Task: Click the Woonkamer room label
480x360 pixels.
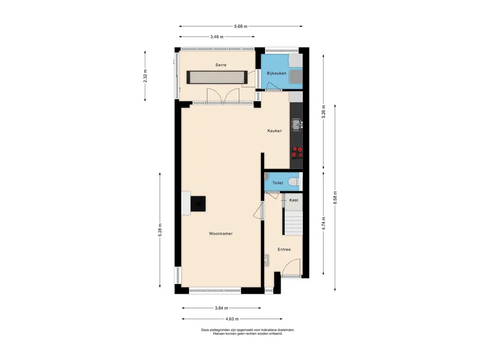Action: [221, 233]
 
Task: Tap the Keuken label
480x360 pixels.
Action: [275, 131]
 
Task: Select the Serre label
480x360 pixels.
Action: [221, 65]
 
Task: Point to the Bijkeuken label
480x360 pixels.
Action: [277, 73]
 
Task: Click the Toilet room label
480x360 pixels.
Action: [277, 183]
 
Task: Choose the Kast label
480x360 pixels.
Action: [293, 200]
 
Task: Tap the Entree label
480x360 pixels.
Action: [284, 249]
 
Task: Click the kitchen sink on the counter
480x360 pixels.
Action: [297, 125]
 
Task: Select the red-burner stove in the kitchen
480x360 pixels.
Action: [297, 152]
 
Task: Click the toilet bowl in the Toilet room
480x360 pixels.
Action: [293, 182]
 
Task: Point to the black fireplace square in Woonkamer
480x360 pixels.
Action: [198, 203]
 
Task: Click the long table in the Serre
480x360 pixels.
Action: [217, 77]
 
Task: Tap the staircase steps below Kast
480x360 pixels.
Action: [293, 223]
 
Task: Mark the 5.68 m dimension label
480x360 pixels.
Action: [240, 26]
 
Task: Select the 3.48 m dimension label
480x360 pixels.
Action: [217, 37]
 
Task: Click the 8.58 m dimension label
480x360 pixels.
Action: [335, 197]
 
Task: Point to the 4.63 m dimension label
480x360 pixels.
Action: [232, 319]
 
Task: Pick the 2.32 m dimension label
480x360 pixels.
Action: [145, 76]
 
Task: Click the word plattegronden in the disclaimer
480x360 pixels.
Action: [219, 330]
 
